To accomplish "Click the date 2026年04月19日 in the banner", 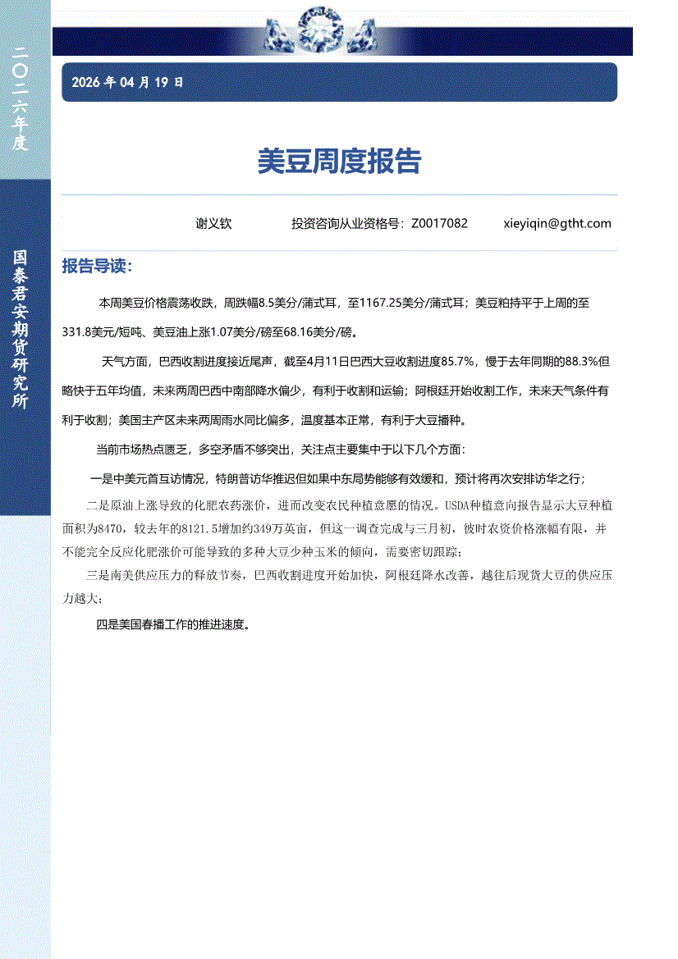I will click(x=127, y=82).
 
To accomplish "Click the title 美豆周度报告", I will click(x=339, y=162).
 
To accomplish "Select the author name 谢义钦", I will click(x=213, y=223).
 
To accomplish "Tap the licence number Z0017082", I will click(x=439, y=223).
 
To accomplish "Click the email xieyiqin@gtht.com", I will click(x=557, y=223).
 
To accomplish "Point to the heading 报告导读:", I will click(x=97, y=267).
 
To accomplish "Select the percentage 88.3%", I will click(x=586, y=361).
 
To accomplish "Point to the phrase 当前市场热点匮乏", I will click(x=140, y=450).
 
